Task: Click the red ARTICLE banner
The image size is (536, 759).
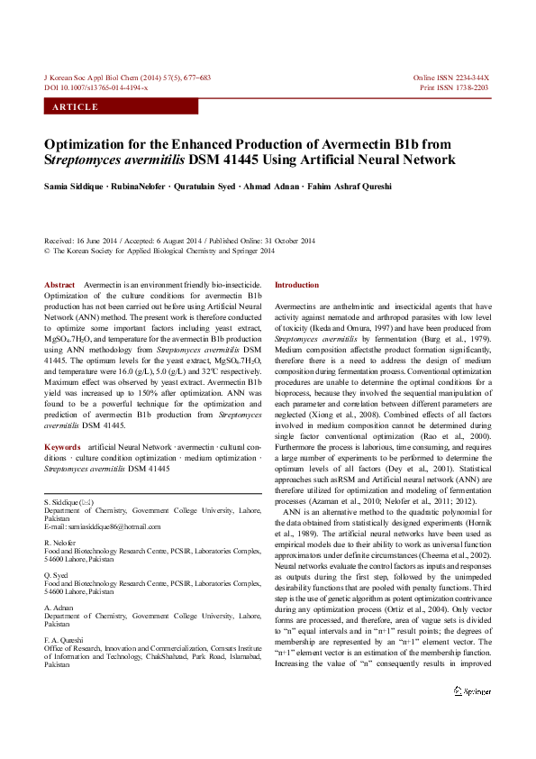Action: tap(121, 106)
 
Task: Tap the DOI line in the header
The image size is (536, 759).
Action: tap(96, 87)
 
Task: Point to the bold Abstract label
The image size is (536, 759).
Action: tap(59, 285)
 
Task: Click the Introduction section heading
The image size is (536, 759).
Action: tap(296, 285)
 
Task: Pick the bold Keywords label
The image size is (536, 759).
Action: tap(62, 447)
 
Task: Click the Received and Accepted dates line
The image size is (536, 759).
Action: tap(180, 242)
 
